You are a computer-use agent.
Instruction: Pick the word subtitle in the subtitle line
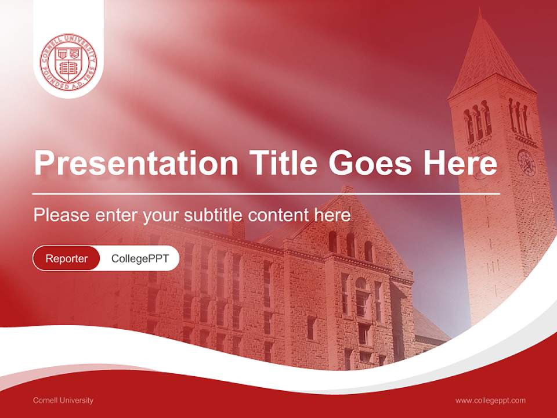click(x=213, y=215)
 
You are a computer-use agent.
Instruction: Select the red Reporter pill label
click(x=66, y=258)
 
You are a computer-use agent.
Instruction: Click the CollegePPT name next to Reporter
click(x=140, y=258)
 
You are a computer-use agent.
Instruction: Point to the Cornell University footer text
click(x=63, y=401)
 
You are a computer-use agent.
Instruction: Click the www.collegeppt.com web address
click(x=490, y=401)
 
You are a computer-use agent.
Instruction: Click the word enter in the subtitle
click(x=117, y=215)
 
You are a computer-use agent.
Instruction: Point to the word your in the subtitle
click(x=162, y=215)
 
